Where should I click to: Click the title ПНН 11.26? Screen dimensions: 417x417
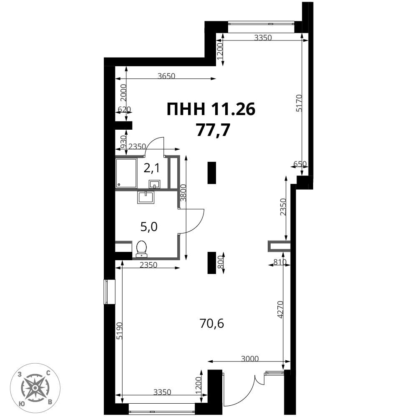point(211,109)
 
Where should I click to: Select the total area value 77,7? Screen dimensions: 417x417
point(213,131)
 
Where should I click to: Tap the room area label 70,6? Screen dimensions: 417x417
point(212,324)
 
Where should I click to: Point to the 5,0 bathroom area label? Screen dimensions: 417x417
point(149,227)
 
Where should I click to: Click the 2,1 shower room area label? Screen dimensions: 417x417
point(152,168)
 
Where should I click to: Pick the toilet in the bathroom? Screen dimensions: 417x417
point(141,249)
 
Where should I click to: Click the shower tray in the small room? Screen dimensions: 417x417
point(126,173)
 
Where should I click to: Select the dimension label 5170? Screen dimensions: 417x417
point(300,103)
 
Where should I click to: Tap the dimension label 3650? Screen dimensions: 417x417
point(166,76)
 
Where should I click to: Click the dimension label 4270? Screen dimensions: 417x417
point(280,309)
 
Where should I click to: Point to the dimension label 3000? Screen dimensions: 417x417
point(250,359)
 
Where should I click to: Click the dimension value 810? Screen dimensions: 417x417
point(279,262)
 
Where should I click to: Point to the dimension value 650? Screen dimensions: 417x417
point(300,164)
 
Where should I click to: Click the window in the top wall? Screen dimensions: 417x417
point(262,23)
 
